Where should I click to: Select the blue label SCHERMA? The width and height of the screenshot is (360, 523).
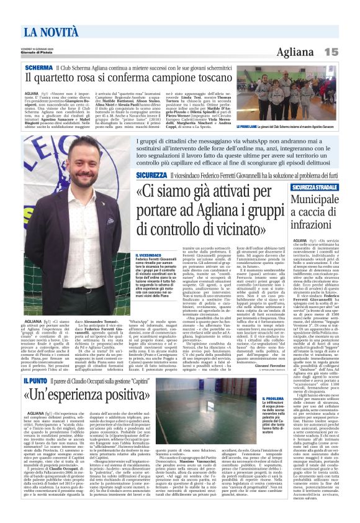click(x=38, y=66)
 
